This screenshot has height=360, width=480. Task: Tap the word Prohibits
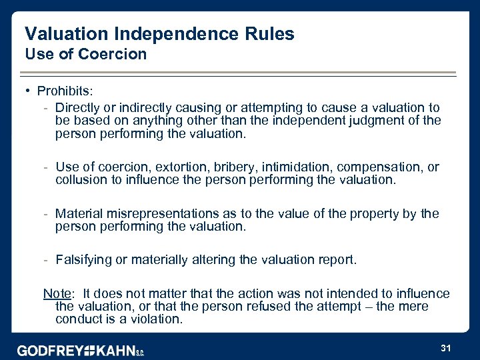(63, 90)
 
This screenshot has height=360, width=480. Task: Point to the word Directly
(77, 107)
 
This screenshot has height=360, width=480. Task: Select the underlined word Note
(56, 293)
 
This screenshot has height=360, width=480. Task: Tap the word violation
(155, 319)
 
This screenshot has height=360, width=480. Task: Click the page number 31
(446, 348)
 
